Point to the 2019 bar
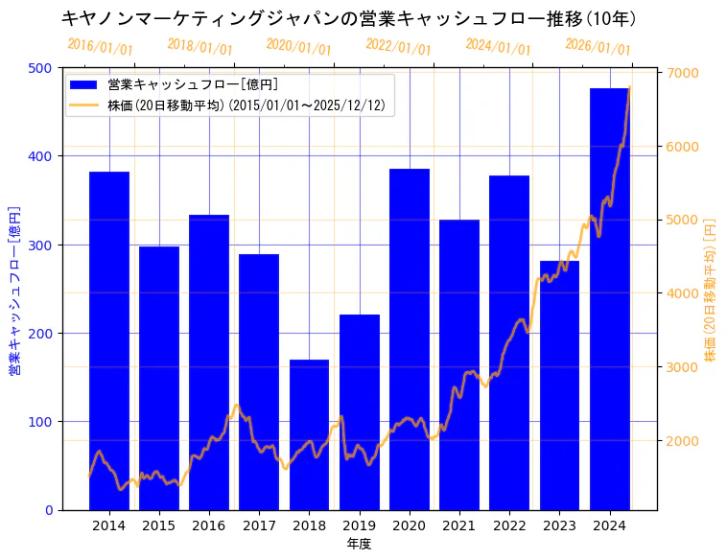pyautogui.click(x=360, y=412)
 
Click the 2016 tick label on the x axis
pyautogui.click(x=209, y=525)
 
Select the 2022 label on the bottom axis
pyautogui.click(x=509, y=525)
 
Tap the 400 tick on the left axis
pyautogui.click(x=42, y=156)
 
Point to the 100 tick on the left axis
pyautogui.click(x=42, y=422)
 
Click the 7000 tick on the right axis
pyautogui.click(x=680, y=73)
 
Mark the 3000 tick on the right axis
pyautogui.click(x=680, y=367)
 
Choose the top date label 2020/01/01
pyautogui.click(x=299, y=48)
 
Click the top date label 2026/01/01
pyautogui.click(x=598, y=47)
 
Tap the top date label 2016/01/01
pyautogui.click(x=100, y=47)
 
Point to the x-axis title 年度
pyautogui.click(x=359, y=544)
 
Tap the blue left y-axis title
pyautogui.click(x=14, y=289)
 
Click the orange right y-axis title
pyautogui.click(x=711, y=289)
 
